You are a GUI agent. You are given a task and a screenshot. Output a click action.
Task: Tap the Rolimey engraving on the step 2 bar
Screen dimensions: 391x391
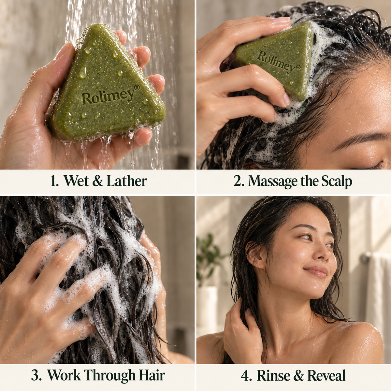click(279, 62)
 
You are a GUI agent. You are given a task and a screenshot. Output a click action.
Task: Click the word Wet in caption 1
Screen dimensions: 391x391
click(77, 181)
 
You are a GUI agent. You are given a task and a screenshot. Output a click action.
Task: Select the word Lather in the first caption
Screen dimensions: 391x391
click(127, 181)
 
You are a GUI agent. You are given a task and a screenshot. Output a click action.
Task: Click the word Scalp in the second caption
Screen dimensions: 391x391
click(337, 181)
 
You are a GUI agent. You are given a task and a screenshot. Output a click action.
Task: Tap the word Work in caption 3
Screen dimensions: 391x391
click(64, 370)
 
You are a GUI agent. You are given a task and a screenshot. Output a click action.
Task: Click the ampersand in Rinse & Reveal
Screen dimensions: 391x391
click(299, 370)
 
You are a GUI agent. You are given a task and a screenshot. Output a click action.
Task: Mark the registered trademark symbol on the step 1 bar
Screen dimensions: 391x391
click(137, 87)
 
